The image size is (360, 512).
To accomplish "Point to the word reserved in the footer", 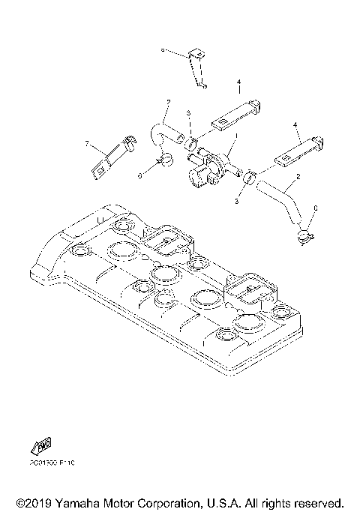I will click(319, 502).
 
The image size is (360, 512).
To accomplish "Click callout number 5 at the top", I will click(162, 51).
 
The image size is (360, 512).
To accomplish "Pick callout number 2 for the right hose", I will click(298, 177).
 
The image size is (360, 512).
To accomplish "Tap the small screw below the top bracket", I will click(205, 85).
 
